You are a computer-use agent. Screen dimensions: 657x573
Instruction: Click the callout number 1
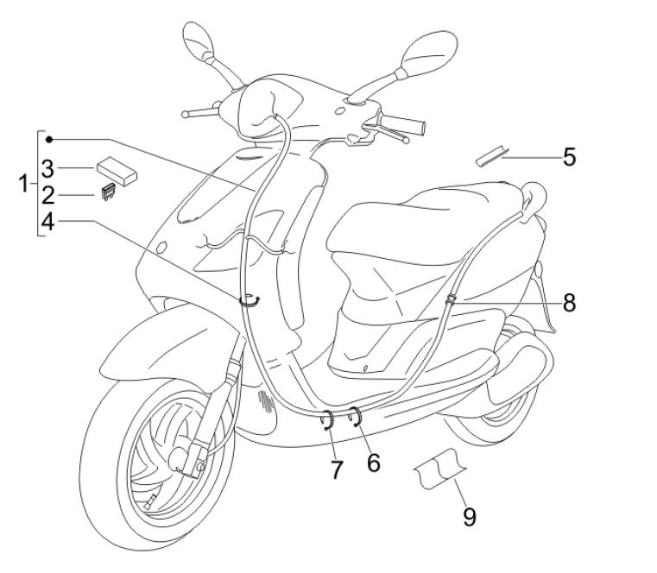coord(24,185)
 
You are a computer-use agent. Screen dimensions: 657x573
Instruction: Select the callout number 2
coord(48,196)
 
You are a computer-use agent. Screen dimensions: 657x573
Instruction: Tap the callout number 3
coord(48,169)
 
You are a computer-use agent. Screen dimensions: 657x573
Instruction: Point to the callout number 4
coord(48,222)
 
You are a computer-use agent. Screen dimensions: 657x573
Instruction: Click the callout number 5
coord(570,158)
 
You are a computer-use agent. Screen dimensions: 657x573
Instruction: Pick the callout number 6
coord(373,463)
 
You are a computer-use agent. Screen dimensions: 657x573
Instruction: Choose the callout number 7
coord(337,469)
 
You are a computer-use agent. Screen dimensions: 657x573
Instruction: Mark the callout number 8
coord(570,302)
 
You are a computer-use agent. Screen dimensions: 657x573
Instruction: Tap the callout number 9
coord(470,517)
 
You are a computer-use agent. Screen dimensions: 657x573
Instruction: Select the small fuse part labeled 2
coord(109,192)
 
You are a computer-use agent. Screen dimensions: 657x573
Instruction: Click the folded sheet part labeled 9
coord(439,468)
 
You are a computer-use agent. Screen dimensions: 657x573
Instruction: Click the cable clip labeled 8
coord(451,300)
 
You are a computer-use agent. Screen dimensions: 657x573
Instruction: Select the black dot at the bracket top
coord(49,140)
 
